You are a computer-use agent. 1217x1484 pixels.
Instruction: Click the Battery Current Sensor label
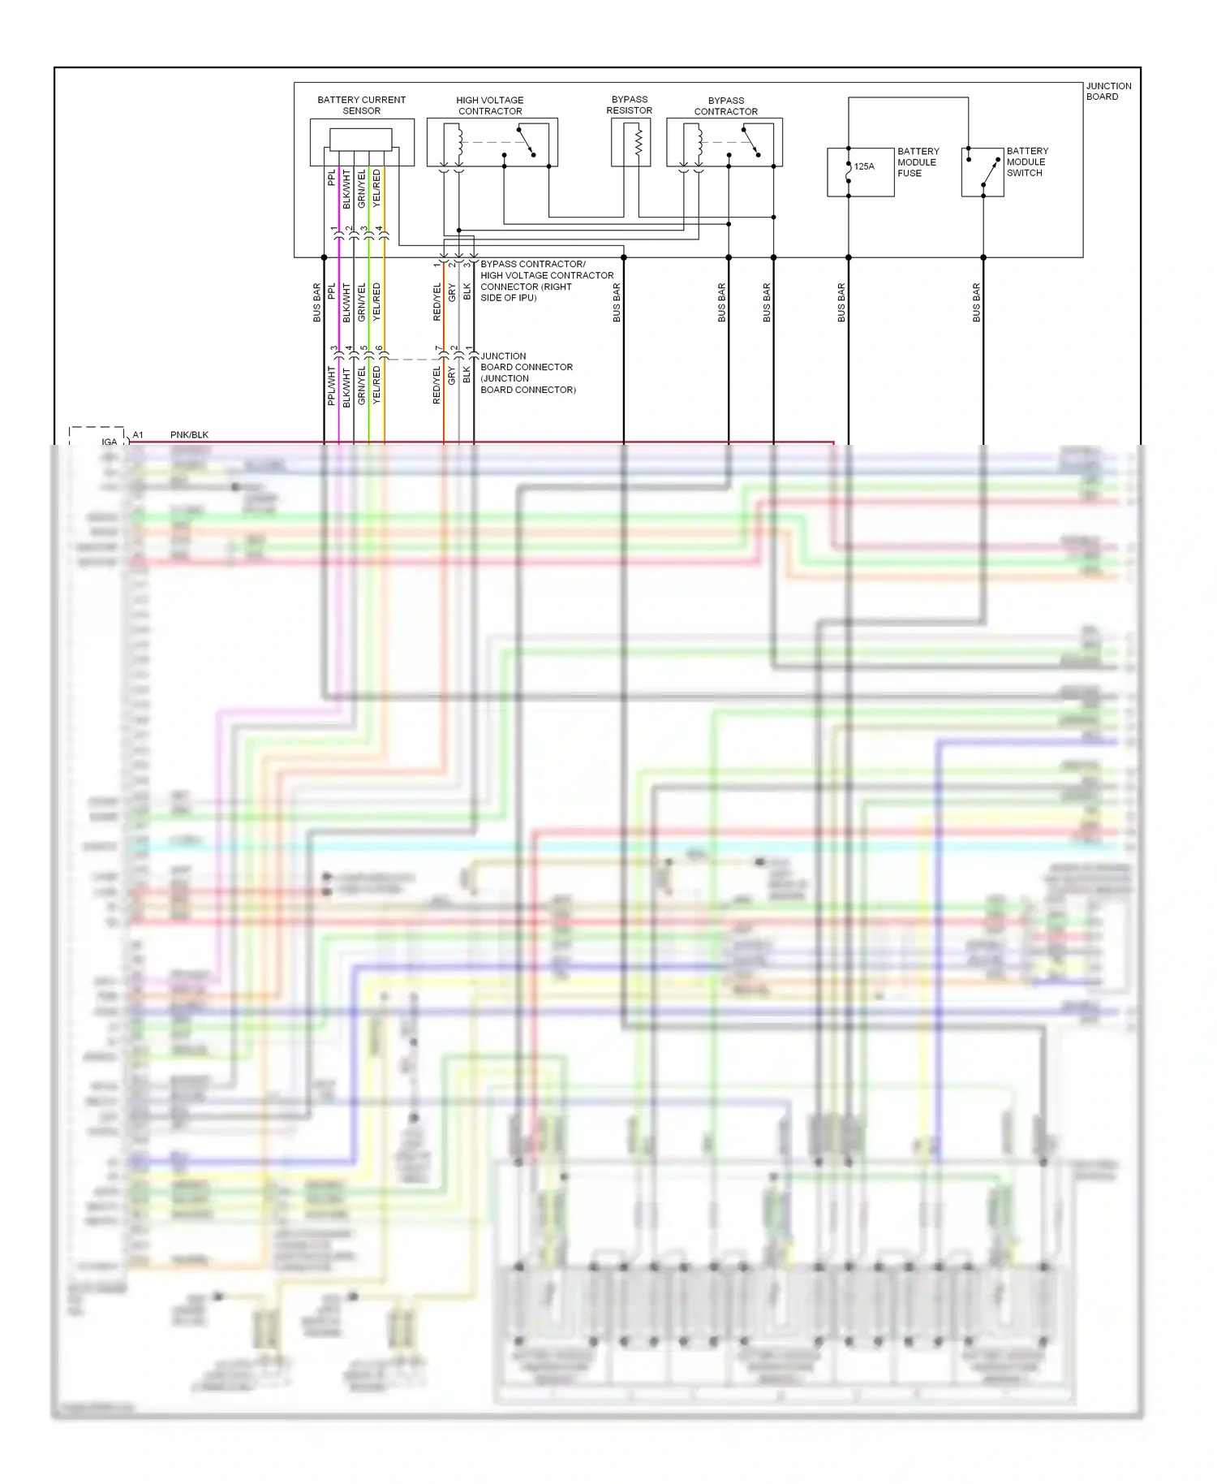pyautogui.click(x=361, y=106)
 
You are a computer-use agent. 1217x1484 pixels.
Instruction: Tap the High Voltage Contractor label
pyautogui.click(x=490, y=106)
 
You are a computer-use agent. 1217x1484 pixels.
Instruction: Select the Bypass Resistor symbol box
pyautogui.click(x=630, y=142)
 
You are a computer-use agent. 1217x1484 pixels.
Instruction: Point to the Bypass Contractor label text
pyautogui.click(x=725, y=106)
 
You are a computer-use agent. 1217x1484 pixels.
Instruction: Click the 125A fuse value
pyautogui.click(x=864, y=166)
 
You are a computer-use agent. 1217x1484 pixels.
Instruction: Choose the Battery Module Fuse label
pyautogui.click(x=917, y=162)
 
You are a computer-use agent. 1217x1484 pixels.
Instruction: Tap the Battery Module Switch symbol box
pyautogui.click(x=983, y=172)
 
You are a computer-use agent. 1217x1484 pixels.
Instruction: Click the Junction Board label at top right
pyautogui.click(x=1108, y=91)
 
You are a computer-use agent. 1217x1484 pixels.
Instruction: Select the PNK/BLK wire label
pyautogui.click(x=189, y=435)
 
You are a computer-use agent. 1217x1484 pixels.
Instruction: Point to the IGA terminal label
pyautogui.click(x=109, y=442)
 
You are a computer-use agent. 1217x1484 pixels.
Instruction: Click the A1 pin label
pyautogui.click(x=138, y=435)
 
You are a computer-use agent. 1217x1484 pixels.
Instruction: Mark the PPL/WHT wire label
pyautogui.click(x=331, y=386)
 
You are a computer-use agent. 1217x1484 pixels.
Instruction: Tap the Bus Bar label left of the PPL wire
pyautogui.click(x=317, y=302)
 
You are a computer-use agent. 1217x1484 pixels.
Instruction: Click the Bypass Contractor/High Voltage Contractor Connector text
pyautogui.click(x=546, y=281)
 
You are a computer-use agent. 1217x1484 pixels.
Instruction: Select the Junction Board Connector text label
pyautogui.click(x=527, y=373)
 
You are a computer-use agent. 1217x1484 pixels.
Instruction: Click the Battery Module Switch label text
pyautogui.click(x=1027, y=162)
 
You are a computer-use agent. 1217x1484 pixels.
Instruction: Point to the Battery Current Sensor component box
pyautogui.click(x=362, y=142)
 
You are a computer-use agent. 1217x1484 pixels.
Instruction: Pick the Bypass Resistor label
pyautogui.click(x=630, y=105)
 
